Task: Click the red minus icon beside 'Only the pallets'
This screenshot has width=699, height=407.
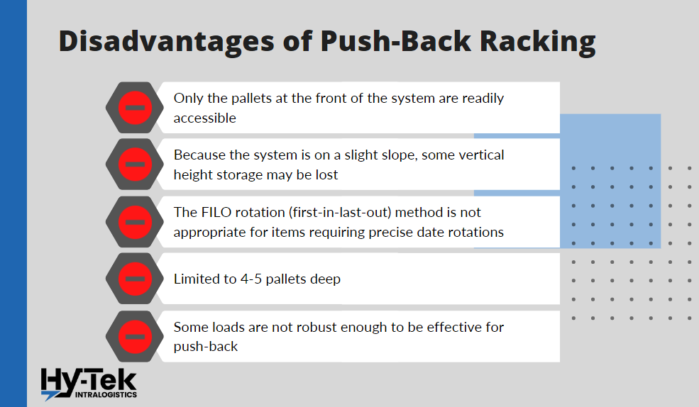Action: (135, 108)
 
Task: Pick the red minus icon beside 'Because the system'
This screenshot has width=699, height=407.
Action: (135, 165)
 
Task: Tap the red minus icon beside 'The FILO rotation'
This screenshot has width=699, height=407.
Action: (135, 222)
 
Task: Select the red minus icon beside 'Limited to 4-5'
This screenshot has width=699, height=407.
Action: (135, 279)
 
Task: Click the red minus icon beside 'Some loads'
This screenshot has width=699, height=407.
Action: (135, 336)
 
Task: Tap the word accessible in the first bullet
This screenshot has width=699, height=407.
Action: (205, 118)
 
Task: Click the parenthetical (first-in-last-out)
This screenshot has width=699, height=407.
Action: (356, 212)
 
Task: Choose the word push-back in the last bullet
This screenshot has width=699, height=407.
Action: (204, 347)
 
